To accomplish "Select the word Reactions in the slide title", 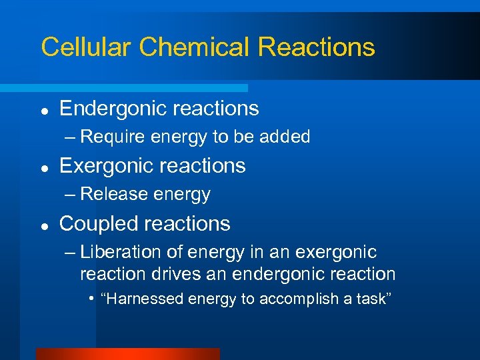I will [x=316, y=47].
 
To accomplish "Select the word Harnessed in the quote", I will [x=143, y=299].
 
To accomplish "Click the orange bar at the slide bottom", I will [x=127, y=354].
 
